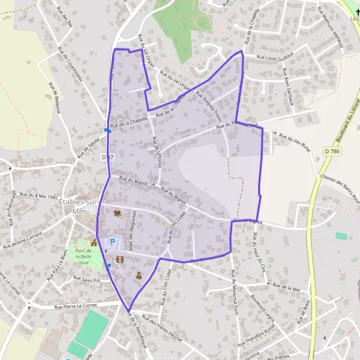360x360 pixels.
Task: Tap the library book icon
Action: [117, 213]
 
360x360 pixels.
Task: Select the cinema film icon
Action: [120, 259]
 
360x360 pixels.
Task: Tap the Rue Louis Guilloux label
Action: [275, 56]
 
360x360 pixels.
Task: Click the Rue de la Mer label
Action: [286, 288]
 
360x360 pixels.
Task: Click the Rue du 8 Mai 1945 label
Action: [38, 196]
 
